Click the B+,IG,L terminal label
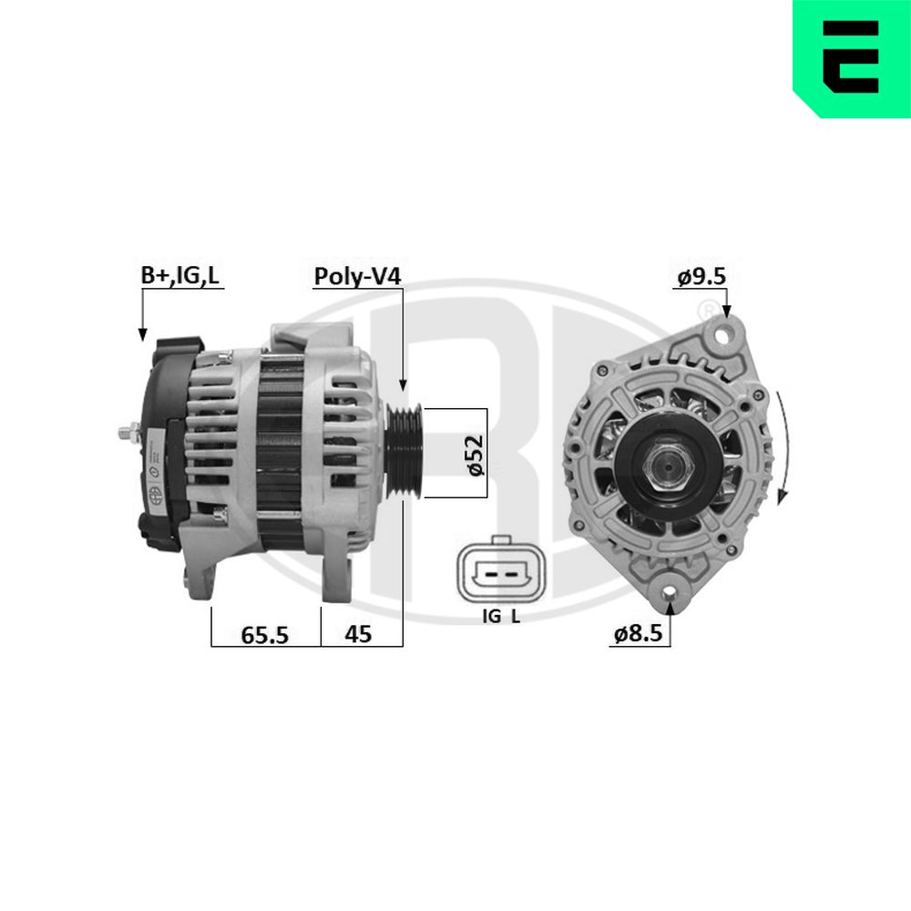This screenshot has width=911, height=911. (x=180, y=275)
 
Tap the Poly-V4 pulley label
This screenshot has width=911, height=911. (x=357, y=277)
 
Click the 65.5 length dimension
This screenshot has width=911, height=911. (x=264, y=635)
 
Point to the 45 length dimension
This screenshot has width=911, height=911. (x=358, y=634)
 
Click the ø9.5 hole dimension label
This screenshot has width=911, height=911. (x=701, y=277)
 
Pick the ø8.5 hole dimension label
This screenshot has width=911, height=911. (x=638, y=633)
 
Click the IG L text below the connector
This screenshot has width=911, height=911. (x=501, y=616)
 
